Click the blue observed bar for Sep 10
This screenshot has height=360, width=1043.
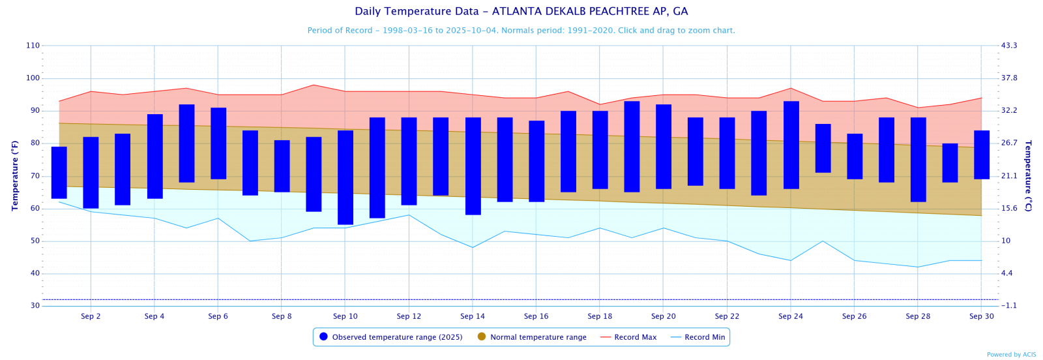345,177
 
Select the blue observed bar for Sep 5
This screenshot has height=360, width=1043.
186,143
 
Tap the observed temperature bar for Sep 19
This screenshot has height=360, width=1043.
632,147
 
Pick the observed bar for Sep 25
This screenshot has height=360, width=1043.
823,148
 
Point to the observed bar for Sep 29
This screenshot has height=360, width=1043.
950,163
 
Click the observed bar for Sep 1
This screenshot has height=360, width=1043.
59,173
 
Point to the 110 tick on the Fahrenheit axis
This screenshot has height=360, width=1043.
33,46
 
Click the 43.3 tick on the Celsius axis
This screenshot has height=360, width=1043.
1009,46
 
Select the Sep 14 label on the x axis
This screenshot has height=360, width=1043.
473,316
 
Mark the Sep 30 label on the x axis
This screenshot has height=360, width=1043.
981,316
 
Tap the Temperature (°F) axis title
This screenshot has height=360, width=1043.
14,176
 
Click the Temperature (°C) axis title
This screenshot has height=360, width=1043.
1028,176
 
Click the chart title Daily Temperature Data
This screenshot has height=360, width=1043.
521,11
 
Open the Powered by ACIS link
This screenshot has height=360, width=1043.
1011,355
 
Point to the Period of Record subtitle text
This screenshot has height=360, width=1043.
521,31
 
